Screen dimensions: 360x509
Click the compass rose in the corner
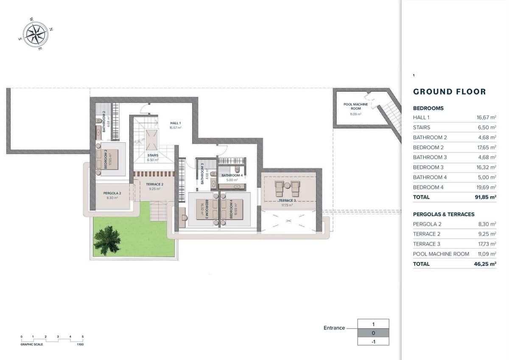[36, 34]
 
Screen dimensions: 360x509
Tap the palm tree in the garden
[107, 240]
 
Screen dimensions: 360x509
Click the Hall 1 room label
[176, 123]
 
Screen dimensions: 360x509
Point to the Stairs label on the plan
[153, 155]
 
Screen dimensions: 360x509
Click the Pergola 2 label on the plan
[112, 193]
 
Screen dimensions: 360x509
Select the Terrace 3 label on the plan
[287, 200]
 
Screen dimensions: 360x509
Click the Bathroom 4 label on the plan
[232, 175]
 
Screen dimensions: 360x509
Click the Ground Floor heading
[449, 92]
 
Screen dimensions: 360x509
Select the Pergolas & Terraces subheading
[443, 214]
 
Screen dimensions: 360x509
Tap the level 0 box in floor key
[373, 332]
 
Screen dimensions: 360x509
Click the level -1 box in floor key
[373, 341]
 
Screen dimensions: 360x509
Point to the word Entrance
[334, 328]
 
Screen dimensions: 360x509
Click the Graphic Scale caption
[32, 344]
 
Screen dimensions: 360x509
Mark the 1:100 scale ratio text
[80, 344]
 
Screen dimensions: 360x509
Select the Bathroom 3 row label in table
[430, 157]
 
